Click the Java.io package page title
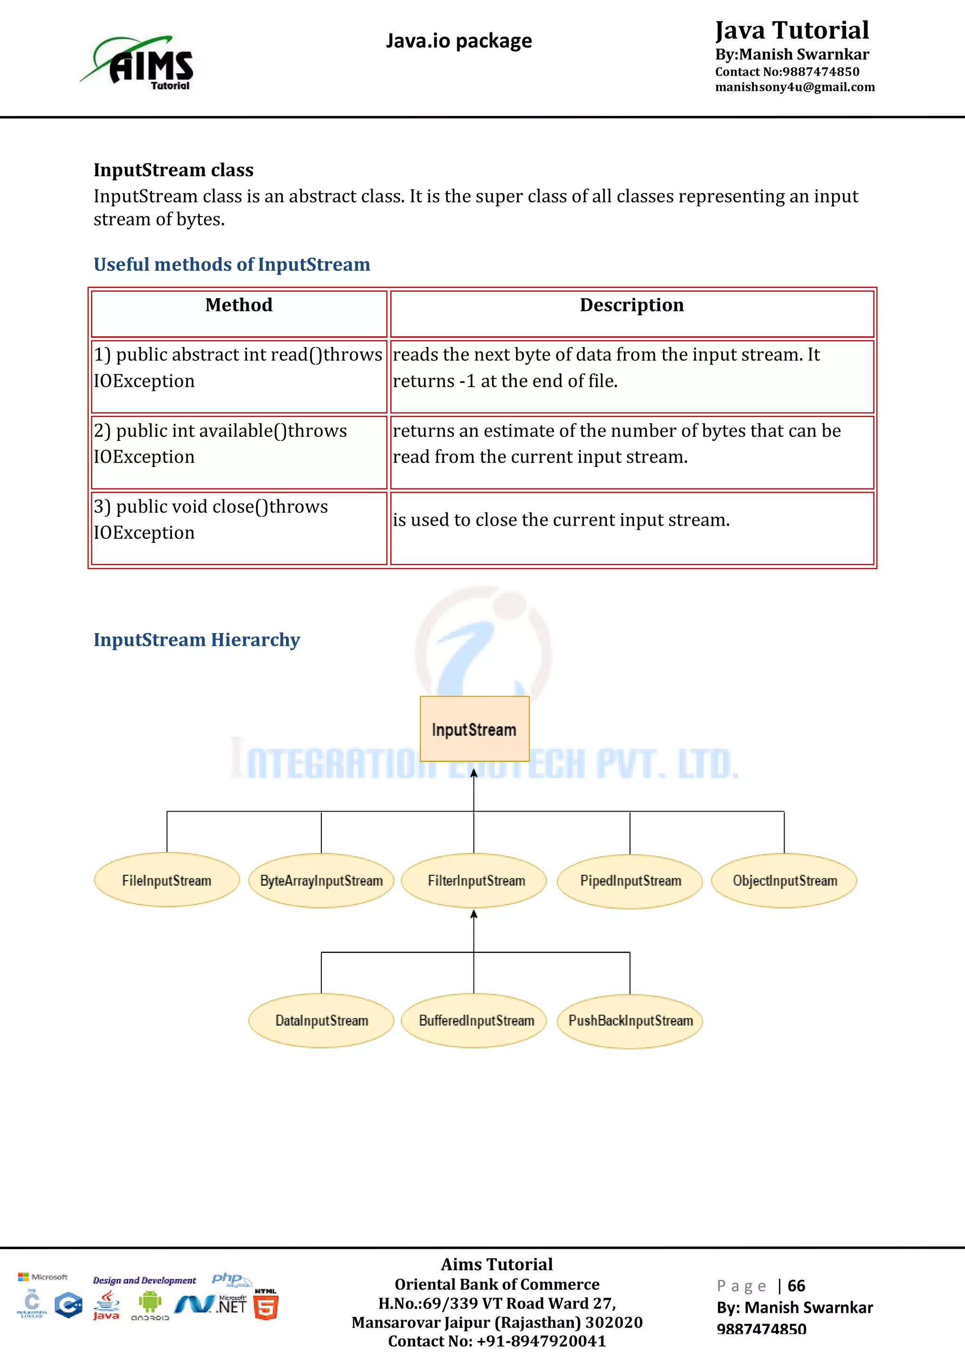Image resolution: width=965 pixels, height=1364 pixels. click(x=459, y=41)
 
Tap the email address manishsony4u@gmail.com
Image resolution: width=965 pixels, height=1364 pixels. click(x=794, y=87)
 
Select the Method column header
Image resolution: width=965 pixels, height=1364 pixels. click(x=239, y=305)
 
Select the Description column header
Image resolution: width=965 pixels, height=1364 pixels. click(x=632, y=305)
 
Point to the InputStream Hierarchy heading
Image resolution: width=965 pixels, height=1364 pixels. click(x=196, y=640)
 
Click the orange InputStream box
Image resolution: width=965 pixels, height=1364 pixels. click(x=474, y=729)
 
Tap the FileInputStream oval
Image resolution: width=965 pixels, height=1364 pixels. click(x=167, y=880)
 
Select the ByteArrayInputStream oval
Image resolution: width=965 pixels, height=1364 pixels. click(x=321, y=880)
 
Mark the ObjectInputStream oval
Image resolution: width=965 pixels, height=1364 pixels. click(x=785, y=880)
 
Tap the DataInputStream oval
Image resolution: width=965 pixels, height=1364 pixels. click(x=321, y=1021)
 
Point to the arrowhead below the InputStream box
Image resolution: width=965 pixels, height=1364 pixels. click(x=474, y=773)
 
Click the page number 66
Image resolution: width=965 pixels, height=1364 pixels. click(x=796, y=1286)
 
